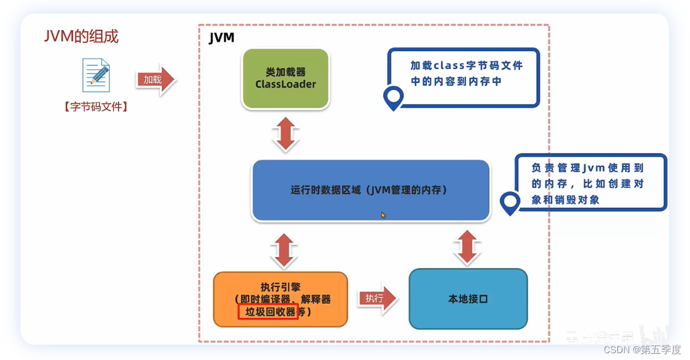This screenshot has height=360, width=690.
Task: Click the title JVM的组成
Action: click(x=81, y=36)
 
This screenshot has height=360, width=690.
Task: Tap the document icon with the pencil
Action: click(x=95, y=75)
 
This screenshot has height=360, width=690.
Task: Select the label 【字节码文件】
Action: click(x=95, y=106)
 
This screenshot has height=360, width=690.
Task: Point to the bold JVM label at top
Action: click(x=221, y=38)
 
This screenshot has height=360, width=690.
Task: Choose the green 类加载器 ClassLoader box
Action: click(x=285, y=78)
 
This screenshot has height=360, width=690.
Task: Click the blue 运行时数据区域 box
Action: click(x=371, y=190)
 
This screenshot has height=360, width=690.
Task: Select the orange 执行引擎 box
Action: click(x=280, y=299)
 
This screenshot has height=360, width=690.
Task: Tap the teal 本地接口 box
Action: click(x=468, y=299)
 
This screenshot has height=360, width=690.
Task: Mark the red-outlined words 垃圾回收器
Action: click(x=268, y=312)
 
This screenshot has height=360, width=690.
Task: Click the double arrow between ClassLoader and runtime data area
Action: click(x=285, y=135)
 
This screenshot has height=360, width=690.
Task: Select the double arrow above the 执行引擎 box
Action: click(x=285, y=250)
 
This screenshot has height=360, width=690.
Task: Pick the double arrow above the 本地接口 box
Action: click(x=468, y=247)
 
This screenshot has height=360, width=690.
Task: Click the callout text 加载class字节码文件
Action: click(x=466, y=65)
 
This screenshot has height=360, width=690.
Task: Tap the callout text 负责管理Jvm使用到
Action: click(x=587, y=168)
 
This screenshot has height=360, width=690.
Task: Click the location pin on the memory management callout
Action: click(x=510, y=202)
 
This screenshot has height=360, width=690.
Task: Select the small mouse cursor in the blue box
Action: click(x=384, y=215)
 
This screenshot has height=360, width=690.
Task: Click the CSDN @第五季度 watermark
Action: click(x=642, y=349)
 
